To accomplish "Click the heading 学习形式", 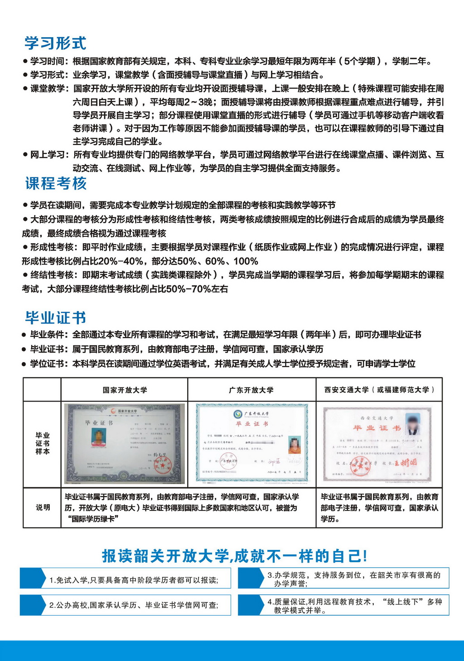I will [55, 43].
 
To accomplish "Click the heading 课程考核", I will [56, 184].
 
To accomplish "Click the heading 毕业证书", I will [55, 318].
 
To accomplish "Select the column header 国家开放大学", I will [125, 390].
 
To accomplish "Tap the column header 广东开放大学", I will [251, 390].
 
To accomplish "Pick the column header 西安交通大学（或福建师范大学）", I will [379, 390].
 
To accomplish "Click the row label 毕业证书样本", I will [43, 443].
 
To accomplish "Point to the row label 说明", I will [43, 507].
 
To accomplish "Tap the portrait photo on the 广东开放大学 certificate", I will [294, 445].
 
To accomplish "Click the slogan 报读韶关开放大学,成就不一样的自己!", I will [234, 556].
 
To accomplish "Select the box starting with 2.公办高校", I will [126, 605].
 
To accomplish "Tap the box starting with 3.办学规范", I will [343, 578].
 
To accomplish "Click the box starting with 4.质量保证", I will [343, 605].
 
